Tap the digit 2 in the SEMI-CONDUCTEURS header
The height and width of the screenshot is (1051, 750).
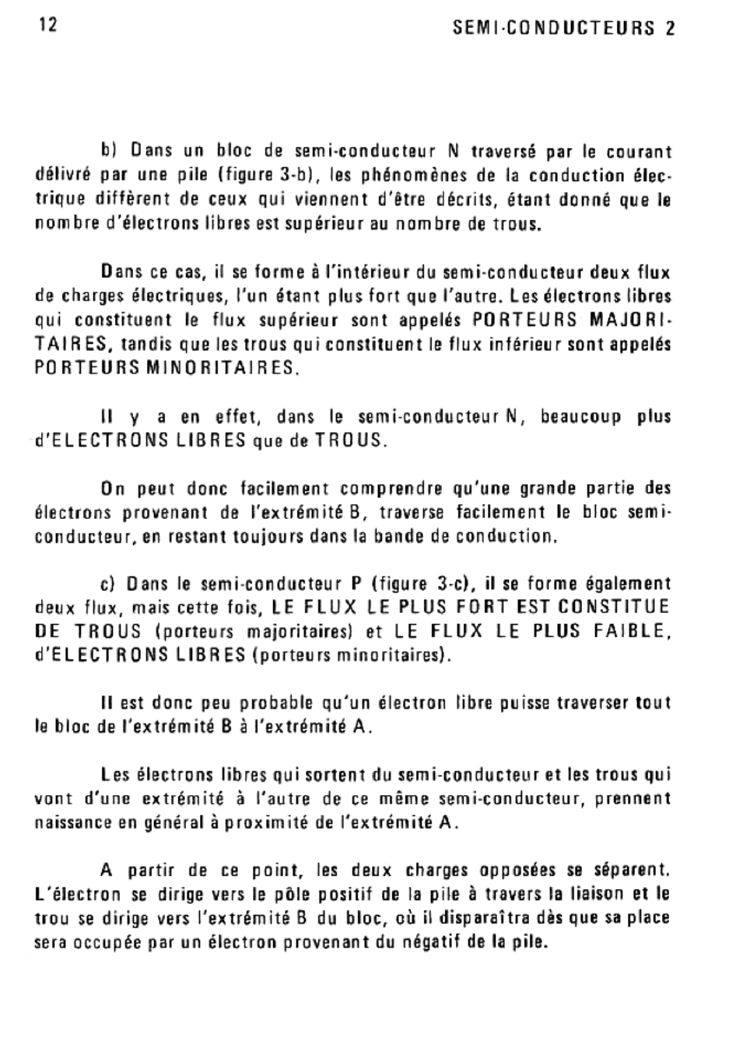pos(670,28)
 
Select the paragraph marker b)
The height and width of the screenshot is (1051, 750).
pos(108,150)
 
